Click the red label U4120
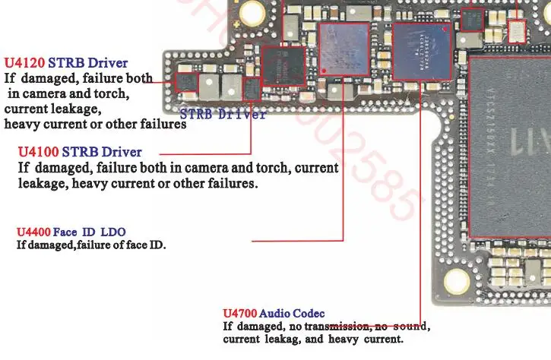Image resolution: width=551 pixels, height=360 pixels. pyautogui.click(x=22, y=63)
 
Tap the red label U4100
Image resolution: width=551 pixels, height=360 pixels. pyautogui.click(x=37, y=153)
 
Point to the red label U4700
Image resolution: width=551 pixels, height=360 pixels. pyautogui.click(x=239, y=314)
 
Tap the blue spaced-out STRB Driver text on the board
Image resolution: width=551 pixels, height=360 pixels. pyautogui.click(x=223, y=115)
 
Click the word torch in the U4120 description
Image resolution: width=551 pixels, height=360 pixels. pyautogui.click(x=110, y=94)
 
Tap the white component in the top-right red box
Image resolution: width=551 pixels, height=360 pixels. pyautogui.click(x=515, y=29)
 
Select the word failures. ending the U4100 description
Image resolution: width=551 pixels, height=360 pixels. pyautogui.click(x=231, y=185)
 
